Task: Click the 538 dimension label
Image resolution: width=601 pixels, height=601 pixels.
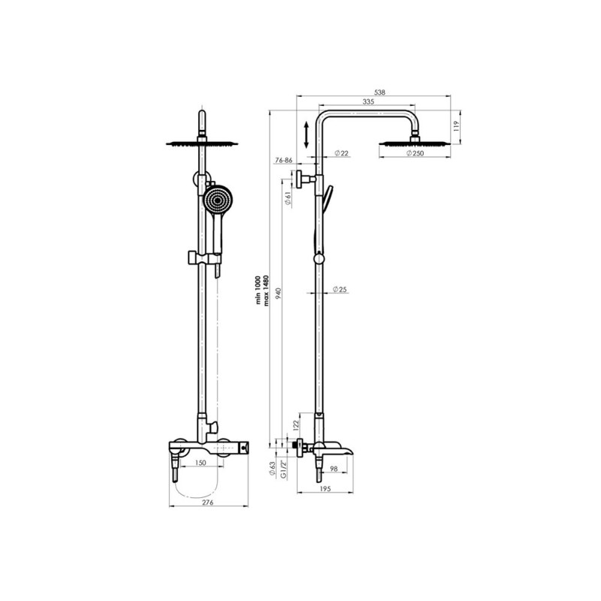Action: point(379,92)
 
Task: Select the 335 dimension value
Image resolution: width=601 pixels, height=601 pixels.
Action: point(368,101)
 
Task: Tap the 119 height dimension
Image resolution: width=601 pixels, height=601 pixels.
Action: point(456,126)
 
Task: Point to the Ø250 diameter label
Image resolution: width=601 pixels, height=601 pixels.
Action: point(415,153)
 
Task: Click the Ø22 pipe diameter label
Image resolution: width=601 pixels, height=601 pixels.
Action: point(341,153)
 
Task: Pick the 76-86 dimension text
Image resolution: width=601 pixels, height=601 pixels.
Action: point(284,160)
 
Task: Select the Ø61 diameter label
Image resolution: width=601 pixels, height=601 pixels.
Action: point(288,198)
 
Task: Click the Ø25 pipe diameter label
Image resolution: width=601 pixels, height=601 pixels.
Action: point(340,289)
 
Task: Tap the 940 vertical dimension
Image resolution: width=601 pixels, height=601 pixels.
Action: point(279,293)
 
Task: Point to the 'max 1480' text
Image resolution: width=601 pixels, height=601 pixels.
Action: point(267,291)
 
